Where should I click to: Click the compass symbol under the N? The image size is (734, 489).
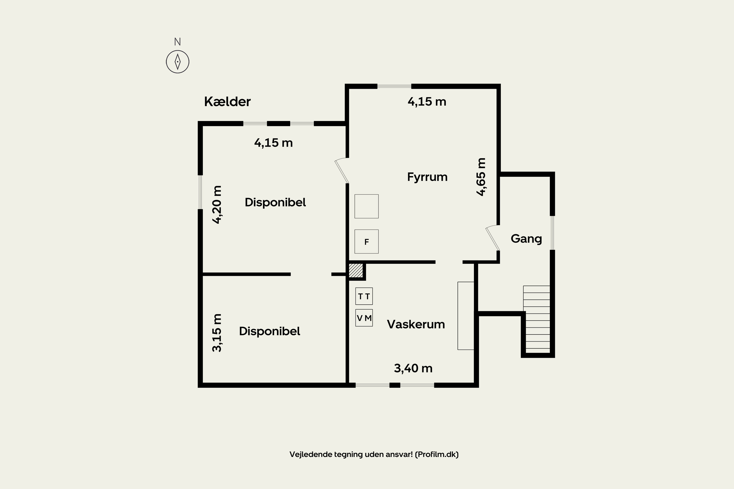tap(178, 62)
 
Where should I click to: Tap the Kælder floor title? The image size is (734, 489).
tap(227, 102)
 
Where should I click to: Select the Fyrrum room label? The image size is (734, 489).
tap(427, 177)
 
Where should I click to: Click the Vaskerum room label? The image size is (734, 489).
tap(416, 324)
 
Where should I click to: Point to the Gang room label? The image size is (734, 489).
tap(526, 239)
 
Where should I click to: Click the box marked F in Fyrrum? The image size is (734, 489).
tap(366, 241)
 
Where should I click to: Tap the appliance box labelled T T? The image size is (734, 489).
tap(364, 296)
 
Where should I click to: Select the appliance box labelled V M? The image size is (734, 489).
tap(364, 318)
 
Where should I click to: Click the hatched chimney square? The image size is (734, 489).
tap(356, 270)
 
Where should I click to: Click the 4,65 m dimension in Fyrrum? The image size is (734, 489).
tap(481, 177)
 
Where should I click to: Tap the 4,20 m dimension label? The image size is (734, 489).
tap(217, 205)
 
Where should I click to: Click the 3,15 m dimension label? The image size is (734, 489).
tap(217, 333)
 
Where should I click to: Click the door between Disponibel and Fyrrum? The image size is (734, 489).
tap(342, 171)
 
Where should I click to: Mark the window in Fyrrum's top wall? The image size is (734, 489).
tap(394, 86)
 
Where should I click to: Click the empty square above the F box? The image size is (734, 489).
tap(366, 206)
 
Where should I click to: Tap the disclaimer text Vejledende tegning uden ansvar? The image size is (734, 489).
tap(374, 454)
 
